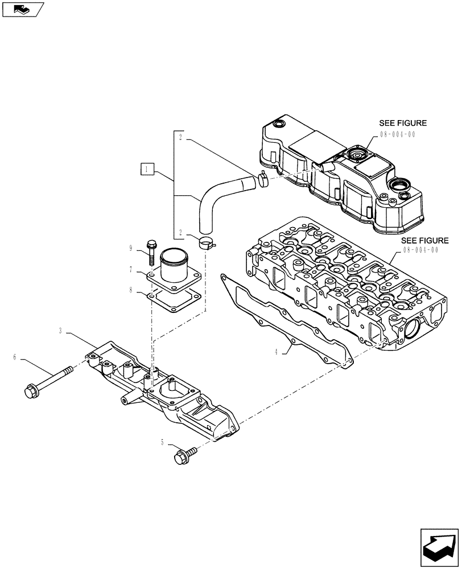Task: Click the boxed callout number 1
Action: (x=147, y=169)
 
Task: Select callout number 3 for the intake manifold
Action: (x=60, y=330)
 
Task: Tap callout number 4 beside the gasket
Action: (x=277, y=352)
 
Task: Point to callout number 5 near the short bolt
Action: (x=162, y=442)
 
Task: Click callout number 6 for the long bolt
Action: (x=15, y=357)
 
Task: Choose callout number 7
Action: (x=131, y=269)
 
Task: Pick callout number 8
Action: (x=131, y=290)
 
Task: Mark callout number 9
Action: (x=131, y=248)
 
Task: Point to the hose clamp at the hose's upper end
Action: (x=263, y=179)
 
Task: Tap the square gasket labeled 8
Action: (x=174, y=298)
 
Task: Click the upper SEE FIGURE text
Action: (x=403, y=123)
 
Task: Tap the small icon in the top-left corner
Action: (x=23, y=9)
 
